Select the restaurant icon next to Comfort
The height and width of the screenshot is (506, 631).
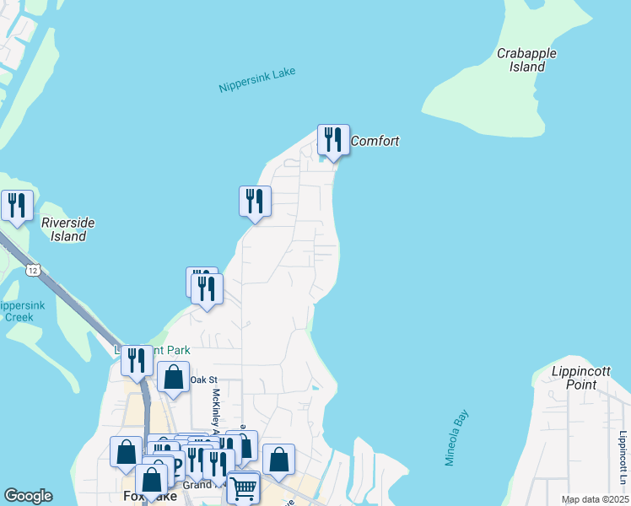click(333, 139)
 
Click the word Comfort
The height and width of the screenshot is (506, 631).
click(375, 142)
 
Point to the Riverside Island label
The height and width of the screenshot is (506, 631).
click(67, 229)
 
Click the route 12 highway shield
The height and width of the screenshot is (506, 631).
click(32, 269)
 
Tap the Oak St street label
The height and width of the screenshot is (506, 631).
click(203, 380)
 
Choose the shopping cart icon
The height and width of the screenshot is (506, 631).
click(243, 487)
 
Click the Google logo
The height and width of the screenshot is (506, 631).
click(28, 496)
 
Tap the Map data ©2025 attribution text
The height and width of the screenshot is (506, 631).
click(595, 499)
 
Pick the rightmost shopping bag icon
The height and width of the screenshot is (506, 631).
click(278, 460)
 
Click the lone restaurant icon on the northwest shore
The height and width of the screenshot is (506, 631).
click(256, 201)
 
